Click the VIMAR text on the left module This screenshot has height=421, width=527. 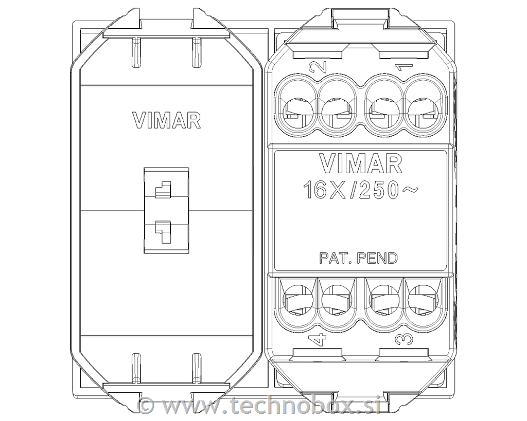(x=167, y=120)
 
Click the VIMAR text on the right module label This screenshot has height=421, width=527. (x=361, y=164)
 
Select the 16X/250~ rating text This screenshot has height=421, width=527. (x=361, y=190)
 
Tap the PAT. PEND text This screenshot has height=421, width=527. (x=358, y=258)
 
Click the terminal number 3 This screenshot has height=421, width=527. (x=403, y=340)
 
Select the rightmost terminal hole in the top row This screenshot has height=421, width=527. (x=422, y=111)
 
